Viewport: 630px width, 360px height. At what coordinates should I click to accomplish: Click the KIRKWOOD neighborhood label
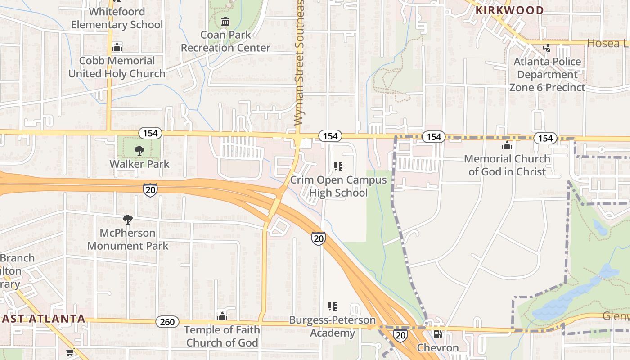[x=509, y=10]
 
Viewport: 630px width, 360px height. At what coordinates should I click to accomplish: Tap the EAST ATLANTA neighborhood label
[x=43, y=319]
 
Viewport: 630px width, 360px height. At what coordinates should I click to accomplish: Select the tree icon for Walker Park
[x=139, y=150]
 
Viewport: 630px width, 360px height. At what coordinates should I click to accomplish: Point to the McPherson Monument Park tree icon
[x=128, y=220]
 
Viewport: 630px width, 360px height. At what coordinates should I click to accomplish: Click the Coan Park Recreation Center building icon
[x=225, y=21]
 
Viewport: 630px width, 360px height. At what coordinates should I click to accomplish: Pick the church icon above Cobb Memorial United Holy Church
[x=117, y=47]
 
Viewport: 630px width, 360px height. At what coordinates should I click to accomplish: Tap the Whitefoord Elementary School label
[x=117, y=18]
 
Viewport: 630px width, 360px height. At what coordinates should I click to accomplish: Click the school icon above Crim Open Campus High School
[x=338, y=167]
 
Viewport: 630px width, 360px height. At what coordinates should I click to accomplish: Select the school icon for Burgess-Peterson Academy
[x=333, y=307]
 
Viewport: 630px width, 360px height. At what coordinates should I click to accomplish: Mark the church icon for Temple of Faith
[x=222, y=316]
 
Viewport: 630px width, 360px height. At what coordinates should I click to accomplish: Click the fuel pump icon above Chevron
[x=437, y=334]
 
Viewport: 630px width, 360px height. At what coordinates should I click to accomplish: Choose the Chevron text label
[x=437, y=347]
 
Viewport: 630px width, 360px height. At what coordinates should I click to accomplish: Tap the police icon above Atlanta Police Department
[x=547, y=48]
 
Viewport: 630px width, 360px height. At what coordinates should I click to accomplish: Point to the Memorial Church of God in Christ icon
[x=507, y=146]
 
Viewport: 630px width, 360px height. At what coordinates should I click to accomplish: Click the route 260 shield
[x=167, y=322]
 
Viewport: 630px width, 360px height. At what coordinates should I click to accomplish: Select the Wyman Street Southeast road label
[x=299, y=63]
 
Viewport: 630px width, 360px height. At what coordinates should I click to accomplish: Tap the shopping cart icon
[x=70, y=352]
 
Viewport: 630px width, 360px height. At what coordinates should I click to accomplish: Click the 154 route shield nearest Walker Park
[x=150, y=133]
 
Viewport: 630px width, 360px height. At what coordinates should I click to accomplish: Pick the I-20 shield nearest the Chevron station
[x=400, y=334]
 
